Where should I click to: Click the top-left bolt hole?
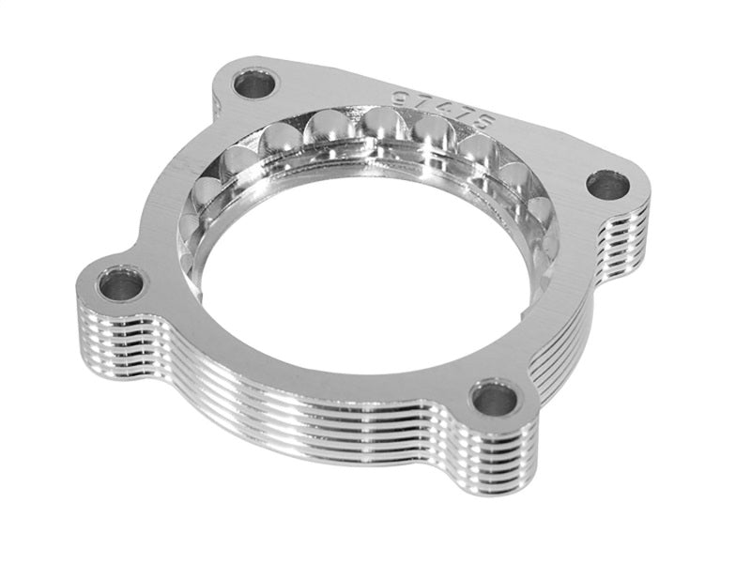pyautogui.click(x=255, y=85)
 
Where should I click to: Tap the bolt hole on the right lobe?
pyautogui.click(x=609, y=185)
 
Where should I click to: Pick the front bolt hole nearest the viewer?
pyautogui.click(x=495, y=400)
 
